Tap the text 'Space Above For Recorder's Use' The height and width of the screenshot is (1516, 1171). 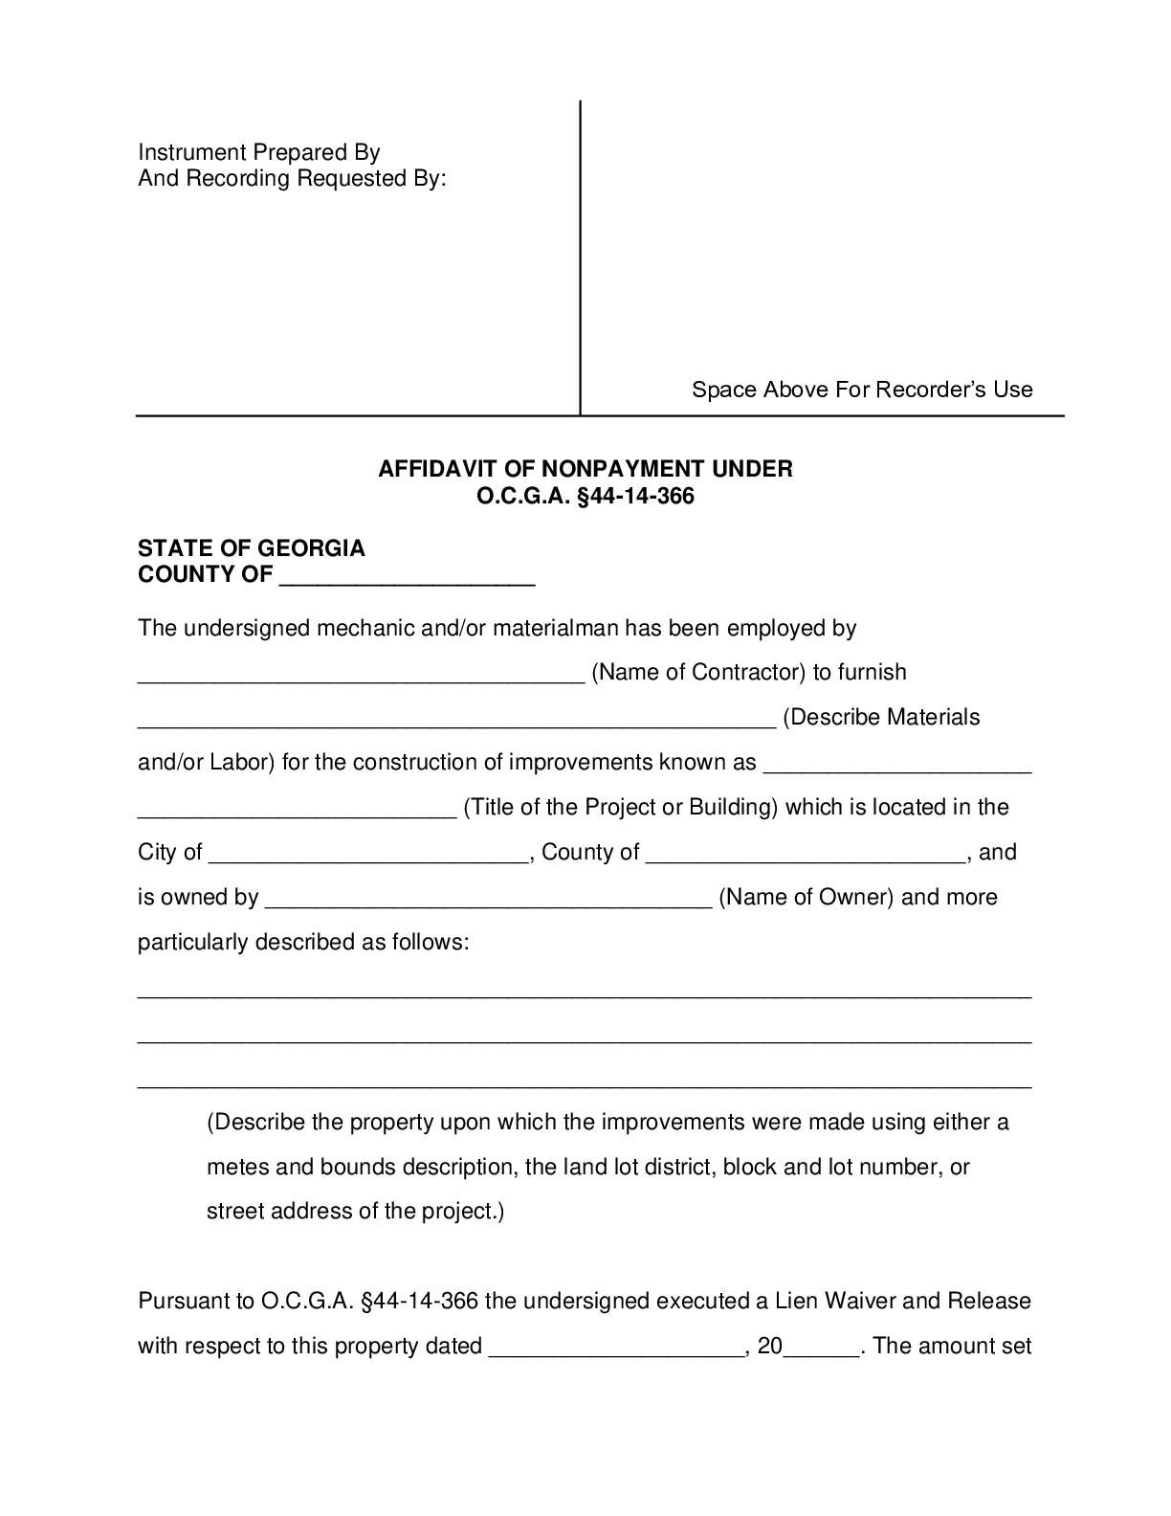click(x=862, y=390)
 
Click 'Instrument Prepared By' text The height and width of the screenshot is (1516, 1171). click(x=259, y=152)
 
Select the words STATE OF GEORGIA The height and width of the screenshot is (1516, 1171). click(x=252, y=548)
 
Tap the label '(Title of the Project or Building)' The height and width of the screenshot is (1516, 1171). click(x=620, y=808)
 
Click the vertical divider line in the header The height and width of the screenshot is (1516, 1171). click(x=581, y=258)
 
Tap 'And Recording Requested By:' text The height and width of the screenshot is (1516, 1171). click(x=292, y=179)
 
